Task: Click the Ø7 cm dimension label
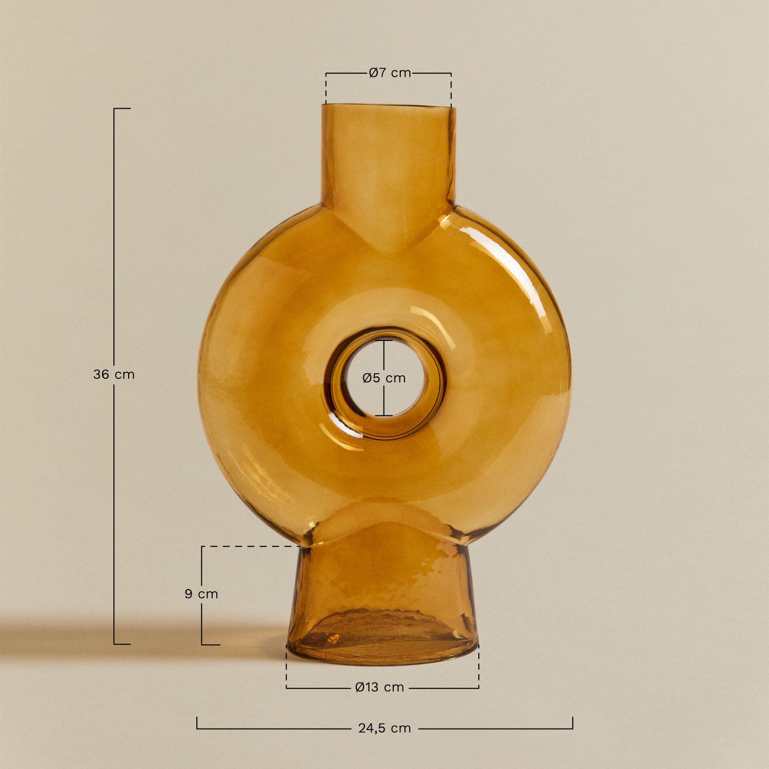[390, 73]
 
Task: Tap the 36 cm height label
[114, 374]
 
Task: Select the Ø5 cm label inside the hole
[384, 378]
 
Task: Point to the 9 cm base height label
[201, 594]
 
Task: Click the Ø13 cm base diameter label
[379, 687]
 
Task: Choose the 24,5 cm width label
[385, 728]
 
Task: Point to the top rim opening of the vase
[388, 106]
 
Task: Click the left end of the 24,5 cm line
[197, 723]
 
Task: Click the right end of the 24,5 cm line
[572, 723]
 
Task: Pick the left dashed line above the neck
[326, 88]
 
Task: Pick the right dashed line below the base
[478, 666]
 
